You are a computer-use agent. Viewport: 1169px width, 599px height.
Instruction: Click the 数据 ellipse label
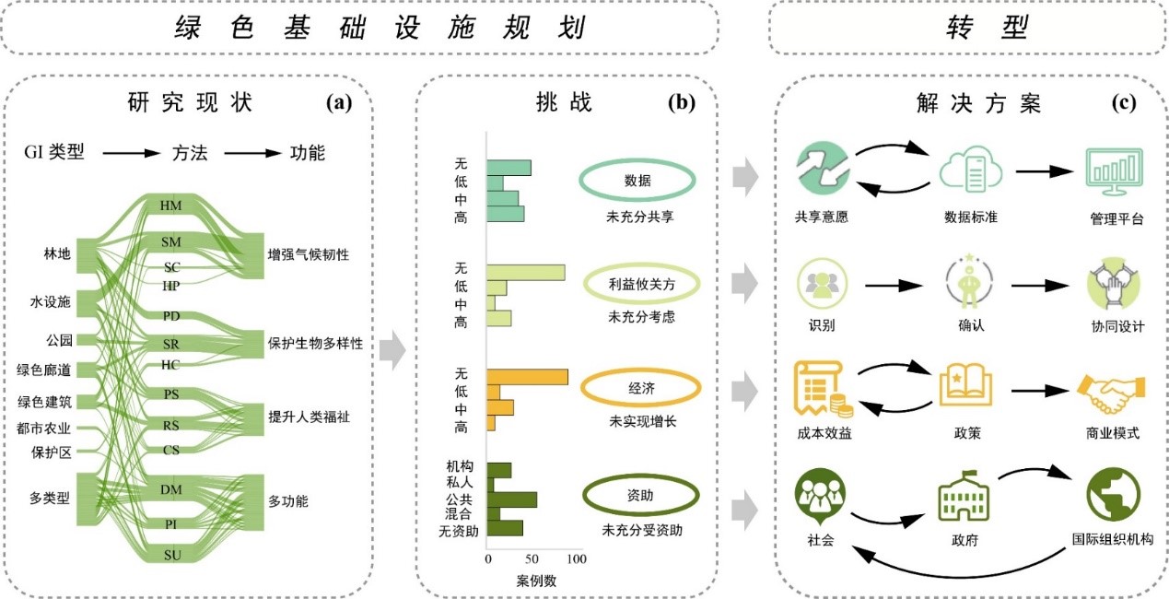tap(637, 181)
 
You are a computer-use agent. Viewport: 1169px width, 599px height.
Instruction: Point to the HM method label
tap(170, 206)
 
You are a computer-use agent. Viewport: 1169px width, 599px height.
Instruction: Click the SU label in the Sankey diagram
tap(172, 555)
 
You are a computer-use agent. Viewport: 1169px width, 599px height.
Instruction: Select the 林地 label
tap(57, 253)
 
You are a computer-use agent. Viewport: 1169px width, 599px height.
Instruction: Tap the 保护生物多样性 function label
tap(315, 343)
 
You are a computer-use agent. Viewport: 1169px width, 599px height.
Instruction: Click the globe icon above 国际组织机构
tap(1113, 494)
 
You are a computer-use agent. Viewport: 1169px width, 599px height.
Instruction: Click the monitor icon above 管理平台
tap(1115, 171)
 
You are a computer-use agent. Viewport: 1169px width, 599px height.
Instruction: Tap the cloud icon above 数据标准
tap(971, 169)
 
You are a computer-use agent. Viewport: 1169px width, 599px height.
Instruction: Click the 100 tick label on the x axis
tap(576, 558)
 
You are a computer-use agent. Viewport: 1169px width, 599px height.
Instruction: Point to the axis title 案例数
tap(536, 581)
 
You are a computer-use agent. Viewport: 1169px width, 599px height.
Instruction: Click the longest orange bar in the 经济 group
tap(527, 377)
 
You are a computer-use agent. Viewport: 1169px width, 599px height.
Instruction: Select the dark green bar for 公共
tap(511, 499)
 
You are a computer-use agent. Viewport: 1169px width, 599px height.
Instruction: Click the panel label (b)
tap(682, 102)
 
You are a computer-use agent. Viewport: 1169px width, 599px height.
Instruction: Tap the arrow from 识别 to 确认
tap(894, 285)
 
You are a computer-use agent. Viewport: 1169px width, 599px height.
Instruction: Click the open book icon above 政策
tap(965, 385)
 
